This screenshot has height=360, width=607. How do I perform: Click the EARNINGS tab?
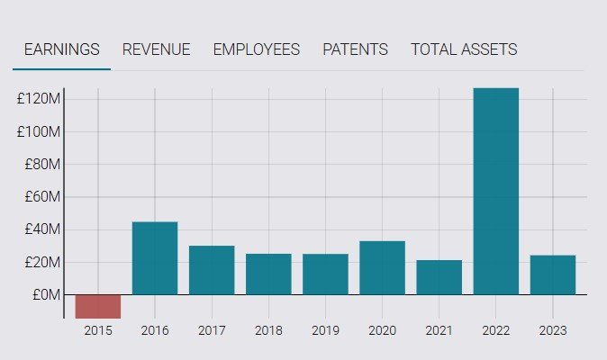coord(61,49)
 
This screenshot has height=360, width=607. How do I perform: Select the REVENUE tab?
coord(156,49)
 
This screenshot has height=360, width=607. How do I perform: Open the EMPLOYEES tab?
coord(256,49)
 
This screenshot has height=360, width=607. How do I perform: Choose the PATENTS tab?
coord(355,49)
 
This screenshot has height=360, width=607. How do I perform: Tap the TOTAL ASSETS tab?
coord(464,49)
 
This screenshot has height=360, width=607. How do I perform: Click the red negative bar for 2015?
coord(97,306)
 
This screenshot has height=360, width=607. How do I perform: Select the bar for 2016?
coord(155,258)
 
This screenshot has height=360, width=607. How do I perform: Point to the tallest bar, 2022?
coord(496,191)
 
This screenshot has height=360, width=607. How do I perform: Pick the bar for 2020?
coord(382,267)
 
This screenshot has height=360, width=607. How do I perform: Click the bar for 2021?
coord(439,277)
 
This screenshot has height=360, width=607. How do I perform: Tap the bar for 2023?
coord(553,274)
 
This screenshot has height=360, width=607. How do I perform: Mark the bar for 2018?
coord(268,274)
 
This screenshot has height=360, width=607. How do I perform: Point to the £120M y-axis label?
coord(39,98)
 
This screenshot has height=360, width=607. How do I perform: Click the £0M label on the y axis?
coord(43,294)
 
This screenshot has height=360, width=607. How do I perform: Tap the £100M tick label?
coord(39,131)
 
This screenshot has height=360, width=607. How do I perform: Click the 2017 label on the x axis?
coord(212,330)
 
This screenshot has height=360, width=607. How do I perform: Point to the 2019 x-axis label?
coord(325,330)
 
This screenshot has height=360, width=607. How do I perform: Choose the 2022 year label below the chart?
coord(496,330)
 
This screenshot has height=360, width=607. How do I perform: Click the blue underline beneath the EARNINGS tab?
coord(61,68)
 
